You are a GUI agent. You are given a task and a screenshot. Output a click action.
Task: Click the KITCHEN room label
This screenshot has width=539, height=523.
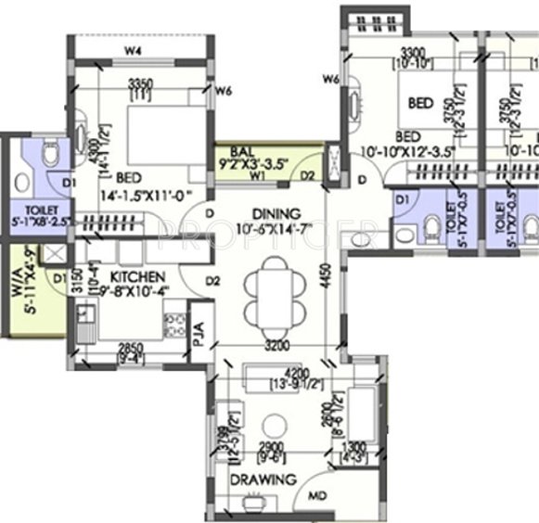pyautogui.click(x=137, y=277)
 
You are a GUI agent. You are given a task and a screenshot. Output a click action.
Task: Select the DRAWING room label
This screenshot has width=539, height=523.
pyautogui.click(x=263, y=479)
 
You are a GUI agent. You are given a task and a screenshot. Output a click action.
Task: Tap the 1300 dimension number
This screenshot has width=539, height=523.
pyautogui.click(x=356, y=446)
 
